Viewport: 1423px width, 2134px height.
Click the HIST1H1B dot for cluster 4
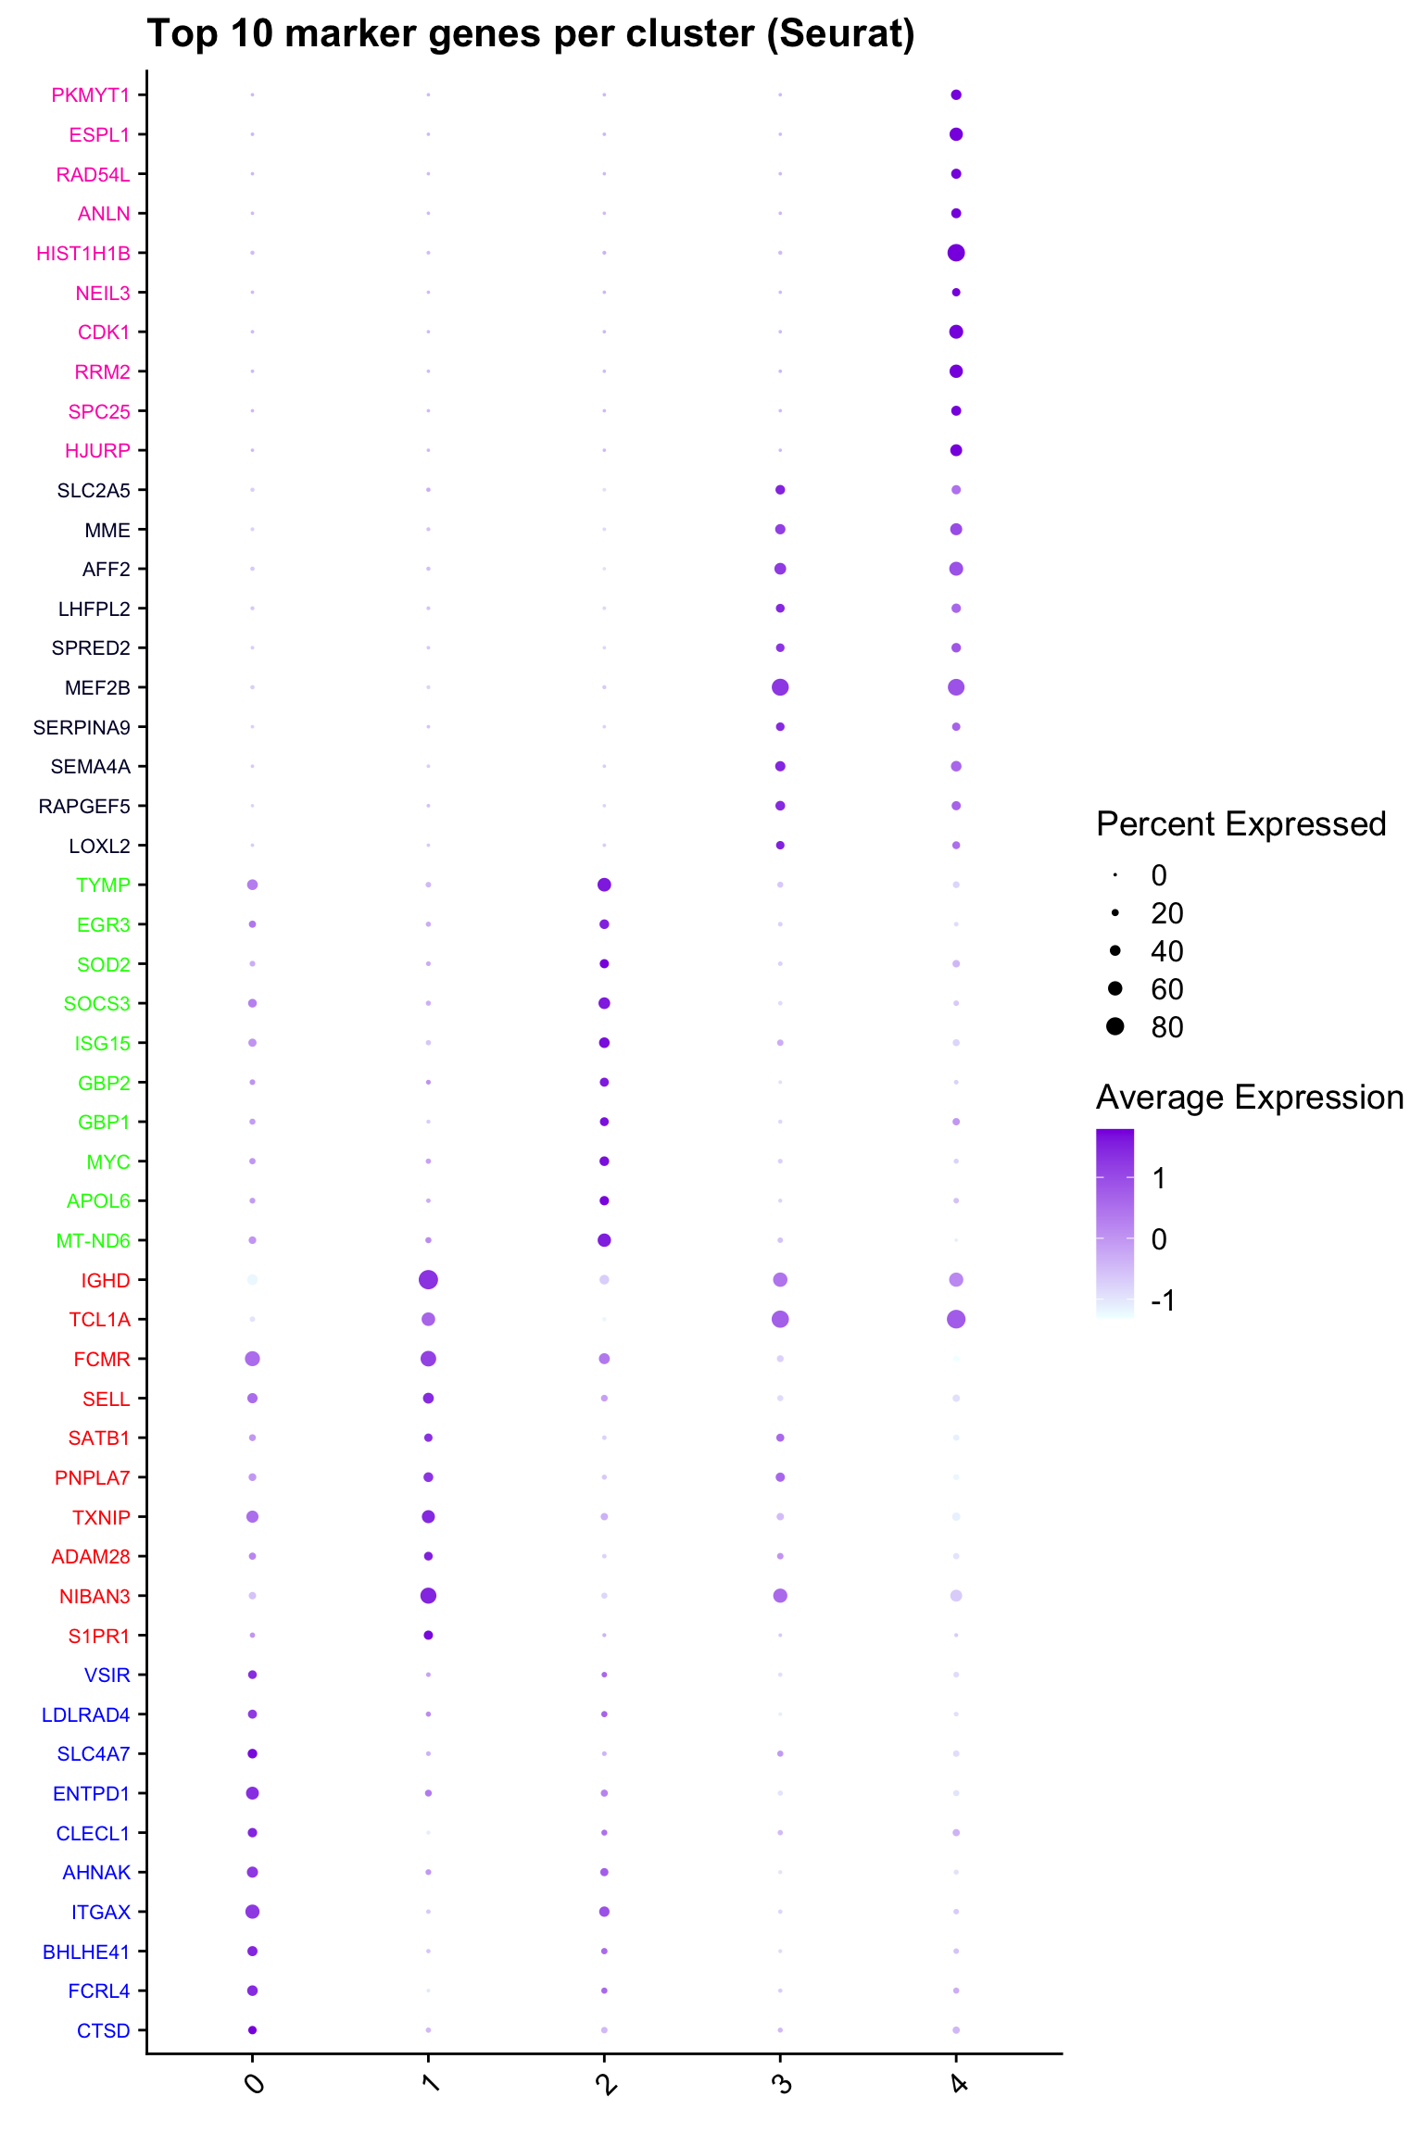point(956,253)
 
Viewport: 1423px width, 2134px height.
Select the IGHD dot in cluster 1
point(428,1280)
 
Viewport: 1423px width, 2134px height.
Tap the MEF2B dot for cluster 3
point(780,687)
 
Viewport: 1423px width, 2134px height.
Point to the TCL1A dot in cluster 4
point(956,1319)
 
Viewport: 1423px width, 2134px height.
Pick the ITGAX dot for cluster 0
point(252,1912)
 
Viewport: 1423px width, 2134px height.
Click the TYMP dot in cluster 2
point(604,885)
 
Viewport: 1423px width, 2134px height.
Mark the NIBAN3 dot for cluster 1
point(428,1596)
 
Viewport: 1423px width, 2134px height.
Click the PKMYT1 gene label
point(91,95)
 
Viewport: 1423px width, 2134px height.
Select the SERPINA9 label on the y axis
point(82,728)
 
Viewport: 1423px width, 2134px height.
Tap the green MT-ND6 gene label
point(93,1241)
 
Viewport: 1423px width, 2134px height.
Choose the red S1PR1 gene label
point(99,1637)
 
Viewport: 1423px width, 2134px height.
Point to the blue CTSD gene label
point(103,2031)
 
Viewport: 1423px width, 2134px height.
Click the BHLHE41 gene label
point(86,1952)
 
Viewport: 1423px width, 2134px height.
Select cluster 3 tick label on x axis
point(782,2085)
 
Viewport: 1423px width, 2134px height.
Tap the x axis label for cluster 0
point(254,2085)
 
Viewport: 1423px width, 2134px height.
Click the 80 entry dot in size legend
point(1115,1026)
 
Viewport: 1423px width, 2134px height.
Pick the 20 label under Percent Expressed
point(1167,914)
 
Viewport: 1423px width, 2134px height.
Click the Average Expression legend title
point(1249,1098)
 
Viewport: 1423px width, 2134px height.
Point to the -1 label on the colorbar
point(1163,1301)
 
